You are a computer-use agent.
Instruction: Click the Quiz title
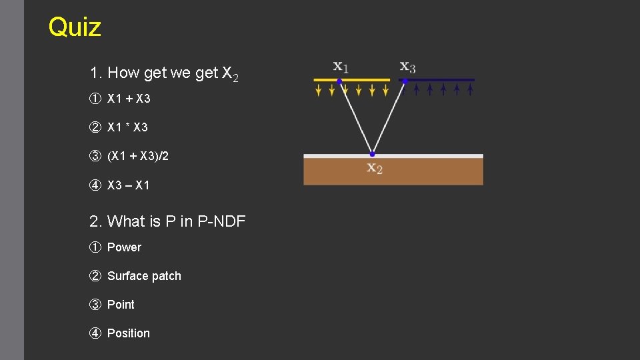[x=75, y=27]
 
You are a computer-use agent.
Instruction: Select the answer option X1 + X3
[x=129, y=99]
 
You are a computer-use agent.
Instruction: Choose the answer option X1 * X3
[x=127, y=127]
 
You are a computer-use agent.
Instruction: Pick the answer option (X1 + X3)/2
[x=138, y=156]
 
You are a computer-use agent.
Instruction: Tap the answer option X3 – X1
[x=129, y=185]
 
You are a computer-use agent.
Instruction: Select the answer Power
[x=124, y=247]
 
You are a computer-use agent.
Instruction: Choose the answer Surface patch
[x=144, y=276]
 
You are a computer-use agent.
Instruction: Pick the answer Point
[x=121, y=305]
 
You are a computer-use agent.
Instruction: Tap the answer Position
[x=129, y=333]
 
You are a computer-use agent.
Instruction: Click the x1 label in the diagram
[x=341, y=67]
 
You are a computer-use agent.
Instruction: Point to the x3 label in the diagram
[x=407, y=67]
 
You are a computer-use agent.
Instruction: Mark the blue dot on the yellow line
[x=339, y=81]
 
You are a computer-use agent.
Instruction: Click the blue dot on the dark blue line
[x=405, y=81]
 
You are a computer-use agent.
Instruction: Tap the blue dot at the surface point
[x=372, y=154]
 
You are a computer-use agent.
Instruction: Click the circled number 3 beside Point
[x=95, y=305]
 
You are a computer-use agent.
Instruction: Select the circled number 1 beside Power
[x=95, y=247]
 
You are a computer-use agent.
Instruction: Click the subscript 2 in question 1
[x=235, y=78]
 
